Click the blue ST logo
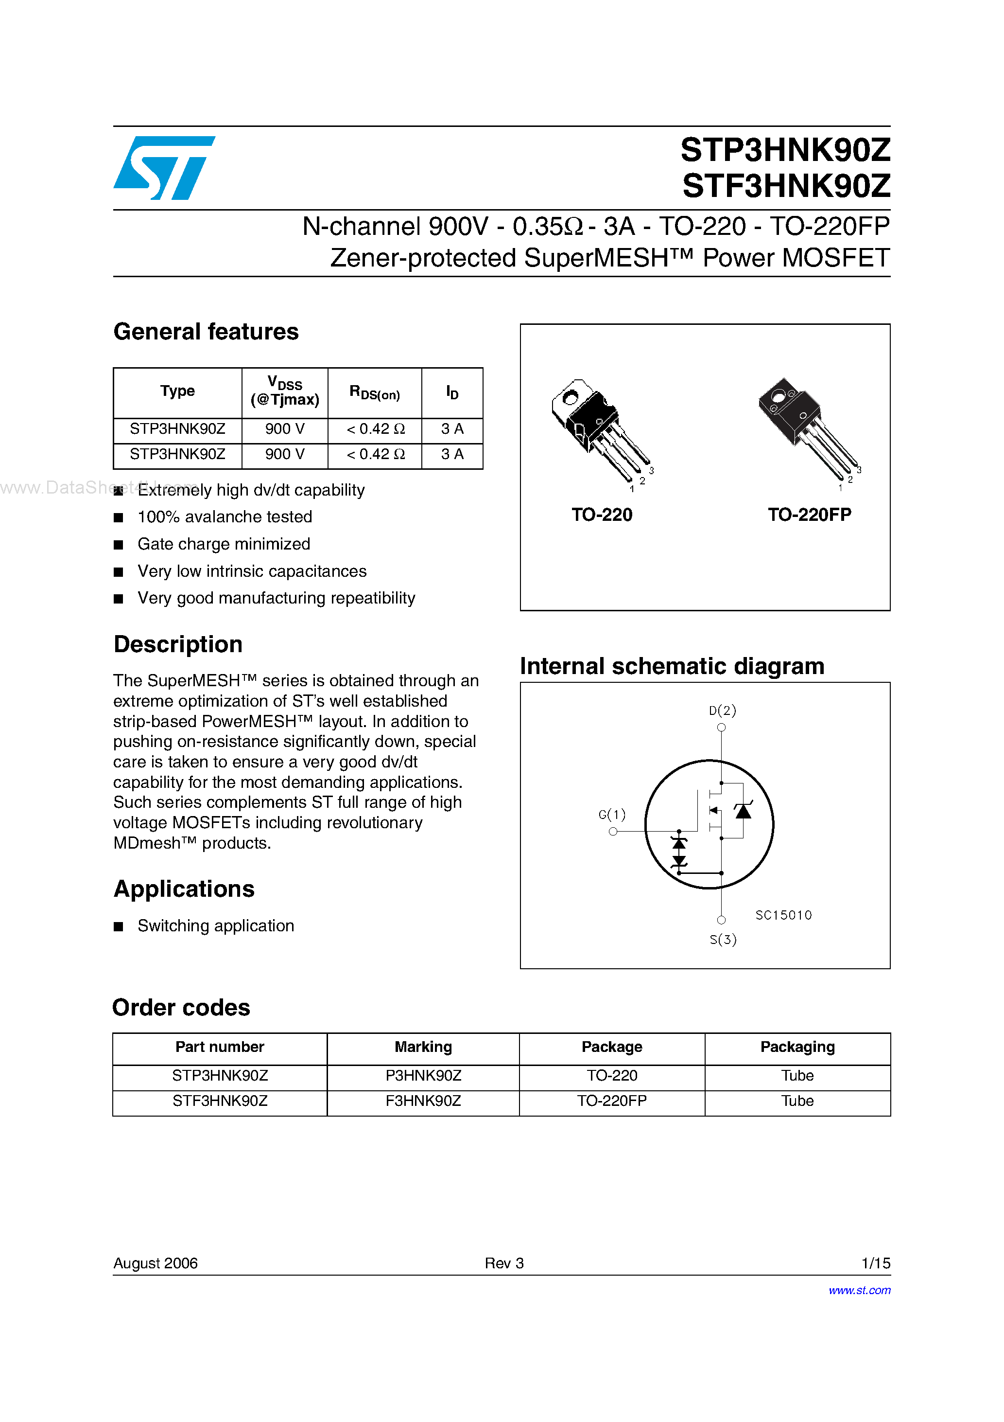tap(164, 168)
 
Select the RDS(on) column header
tap(375, 392)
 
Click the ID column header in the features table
tap(452, 392)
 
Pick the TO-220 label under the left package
tap(602, 515)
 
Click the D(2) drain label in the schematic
tap(722, 711)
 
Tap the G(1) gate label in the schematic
tap(612, 815)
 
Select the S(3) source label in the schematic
tap(723, 940)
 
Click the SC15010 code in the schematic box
tap(783, 915)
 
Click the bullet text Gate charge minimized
tap(224, 544)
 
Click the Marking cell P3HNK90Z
tap(423, 1076)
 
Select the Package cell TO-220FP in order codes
tap(611, 1101)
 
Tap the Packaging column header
tap(797, 1047)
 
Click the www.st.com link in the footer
tap(859, 1290)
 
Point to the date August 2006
tap(156, 1263)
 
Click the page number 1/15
tap(875, 1263)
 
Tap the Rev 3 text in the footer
tap(504, 1263)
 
